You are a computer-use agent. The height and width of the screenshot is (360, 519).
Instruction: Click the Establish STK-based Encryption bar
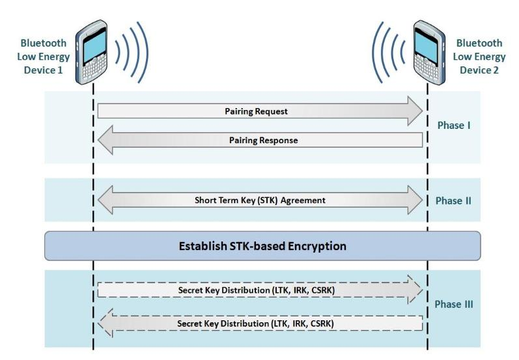(x=262, y=246)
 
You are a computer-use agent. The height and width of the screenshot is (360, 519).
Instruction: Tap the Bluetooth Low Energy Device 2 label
(x=479, y=56)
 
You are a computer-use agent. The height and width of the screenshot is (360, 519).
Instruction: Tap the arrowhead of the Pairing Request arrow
(x=414, y=111)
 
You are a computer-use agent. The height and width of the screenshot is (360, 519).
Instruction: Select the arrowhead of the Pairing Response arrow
(x=105, y=140)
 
